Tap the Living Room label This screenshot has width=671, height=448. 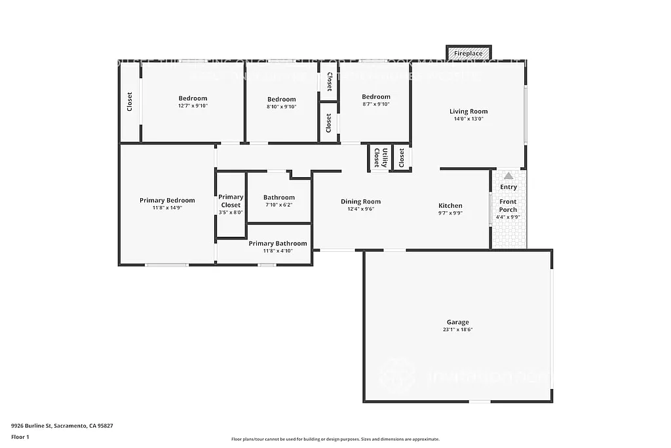click(x=468, y=112)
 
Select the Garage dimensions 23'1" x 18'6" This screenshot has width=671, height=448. click(x=457, y=330)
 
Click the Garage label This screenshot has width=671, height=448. click(x=457, y=322)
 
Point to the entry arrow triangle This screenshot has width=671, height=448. click(x=508, y=176)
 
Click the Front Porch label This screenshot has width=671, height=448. click(x=508, y=205)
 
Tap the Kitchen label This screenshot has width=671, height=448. click(x=450, y=205)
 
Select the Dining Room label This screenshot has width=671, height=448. click(x=360, y=201)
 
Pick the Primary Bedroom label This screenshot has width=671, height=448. click(x=167, y=200)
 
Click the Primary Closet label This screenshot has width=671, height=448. click(x=231, y=201)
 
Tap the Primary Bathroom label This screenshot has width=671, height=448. click(x=278, y=243)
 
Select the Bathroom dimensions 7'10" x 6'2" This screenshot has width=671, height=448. click(x=278, y=205)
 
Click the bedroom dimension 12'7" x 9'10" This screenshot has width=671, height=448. click(x=193, y=106)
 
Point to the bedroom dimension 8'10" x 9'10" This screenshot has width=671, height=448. click(x=282, y=106)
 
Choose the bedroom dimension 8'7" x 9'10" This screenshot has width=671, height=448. click(x=376, y=104)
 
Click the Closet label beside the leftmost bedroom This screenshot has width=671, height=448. click(x=130, y=101)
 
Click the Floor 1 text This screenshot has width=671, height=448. click(x=20, y=436)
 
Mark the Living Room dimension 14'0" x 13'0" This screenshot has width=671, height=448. click(x=468, y=119)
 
